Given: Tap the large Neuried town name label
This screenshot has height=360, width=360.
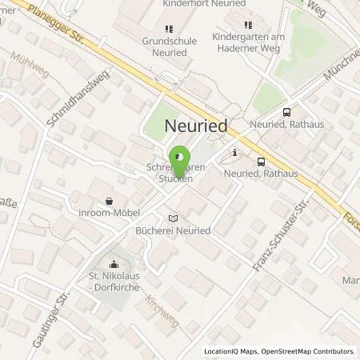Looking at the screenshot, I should tap(195, 126).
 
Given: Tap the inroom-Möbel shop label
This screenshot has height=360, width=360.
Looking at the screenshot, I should tap(109, 214).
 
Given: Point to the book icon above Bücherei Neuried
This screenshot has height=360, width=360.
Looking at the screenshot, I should tap(172, 218).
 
